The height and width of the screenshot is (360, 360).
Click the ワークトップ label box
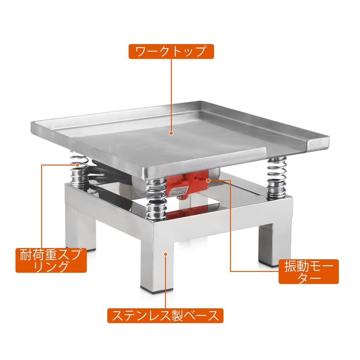click(x=171, y=52)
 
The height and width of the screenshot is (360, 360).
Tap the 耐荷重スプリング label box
click(x=51, y=260)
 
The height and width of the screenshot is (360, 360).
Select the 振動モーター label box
click(x=308, y=271)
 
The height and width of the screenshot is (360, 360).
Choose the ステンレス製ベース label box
click(x=165, y=315)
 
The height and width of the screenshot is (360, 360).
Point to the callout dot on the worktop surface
click(x=171, y=133)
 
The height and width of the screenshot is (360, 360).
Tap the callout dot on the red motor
click(x=208, y=180)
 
